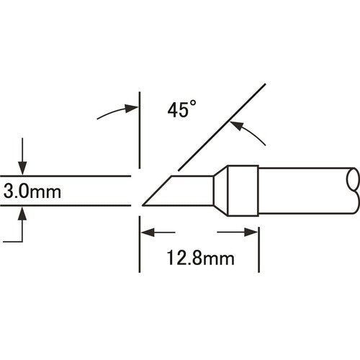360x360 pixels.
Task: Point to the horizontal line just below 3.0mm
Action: [65, 207]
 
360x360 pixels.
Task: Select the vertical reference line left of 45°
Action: [138, 130]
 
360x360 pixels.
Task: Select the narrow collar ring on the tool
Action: [243, 191]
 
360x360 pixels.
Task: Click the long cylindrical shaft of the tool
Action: [302, 191]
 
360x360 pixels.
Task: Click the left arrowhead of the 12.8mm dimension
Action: [144, 233]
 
